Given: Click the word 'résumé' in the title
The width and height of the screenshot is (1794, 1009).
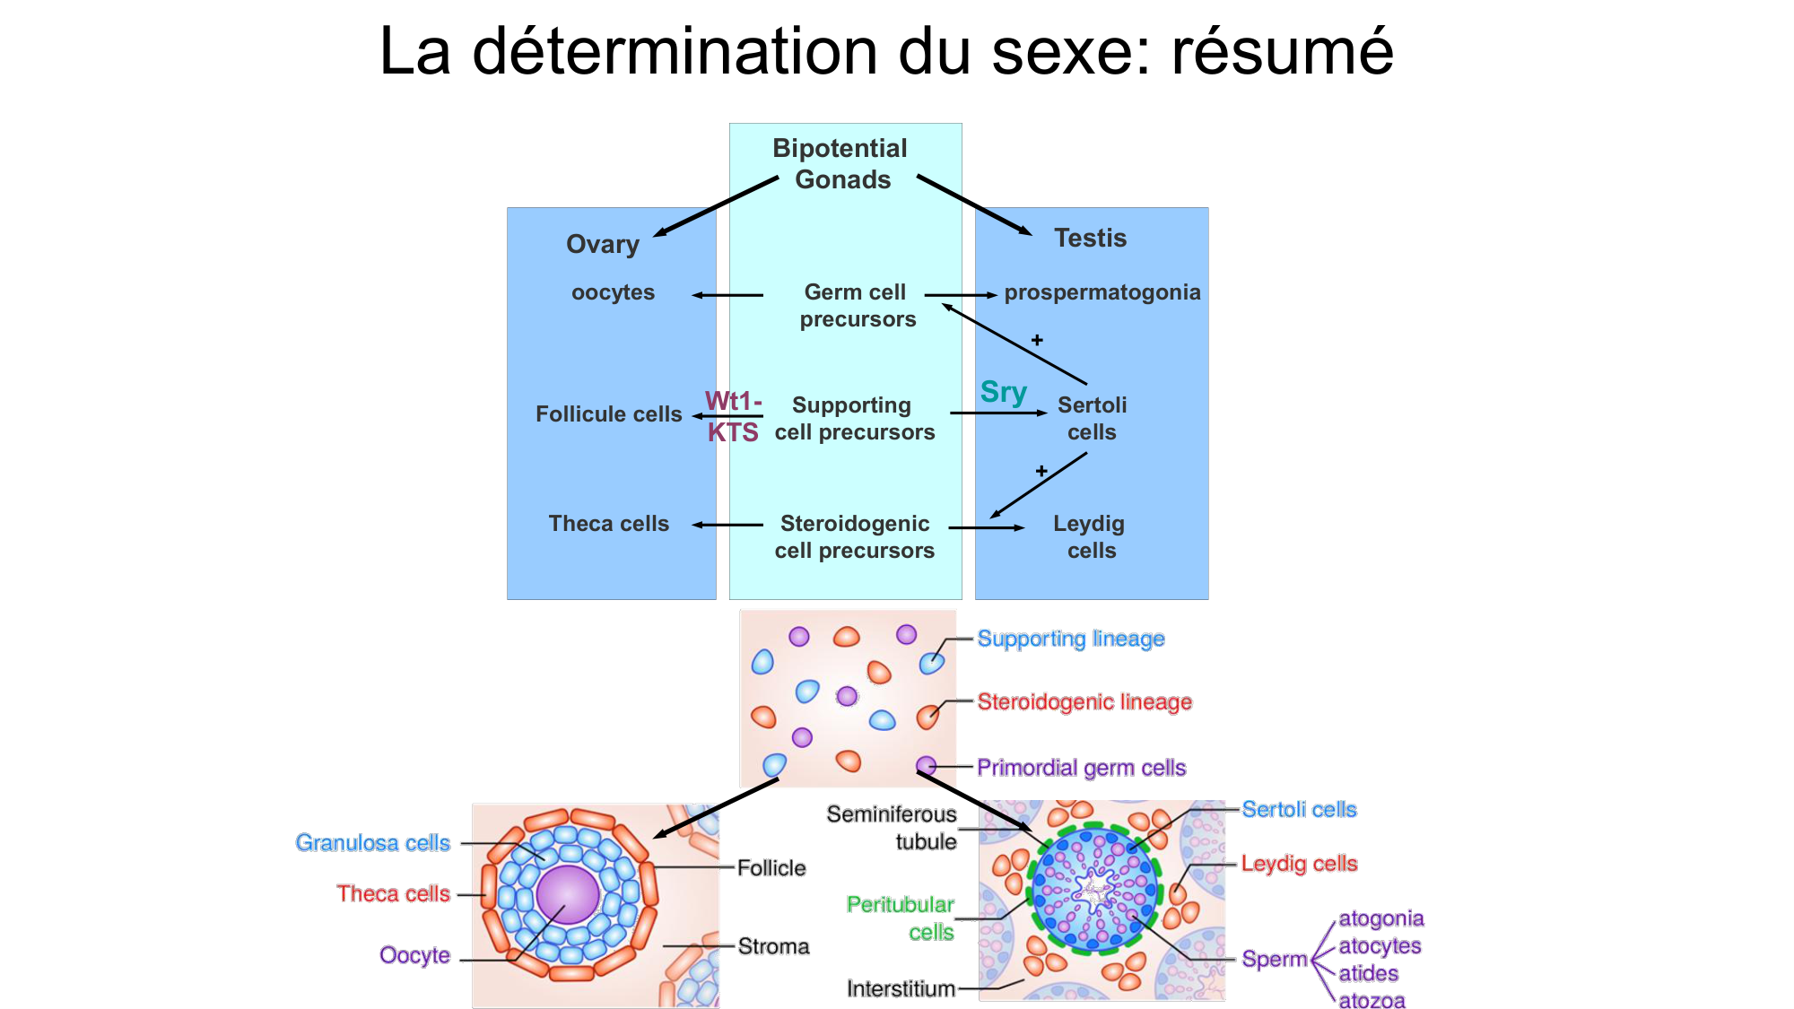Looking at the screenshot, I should [x=1282, y=51].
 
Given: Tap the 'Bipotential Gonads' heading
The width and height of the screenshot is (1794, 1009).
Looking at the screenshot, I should [x=840, y=163].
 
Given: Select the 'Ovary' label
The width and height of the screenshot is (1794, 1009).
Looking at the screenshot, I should [x=603, y=244].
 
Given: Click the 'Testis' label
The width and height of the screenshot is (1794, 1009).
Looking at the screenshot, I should [x=1090, y=238].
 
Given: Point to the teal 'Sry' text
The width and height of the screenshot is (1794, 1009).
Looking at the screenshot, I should [x=1003, y=392].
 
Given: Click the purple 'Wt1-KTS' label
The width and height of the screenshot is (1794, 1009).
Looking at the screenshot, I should [x=733, y=417].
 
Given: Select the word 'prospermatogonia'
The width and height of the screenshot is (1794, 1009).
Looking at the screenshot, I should [x=1102, y=292].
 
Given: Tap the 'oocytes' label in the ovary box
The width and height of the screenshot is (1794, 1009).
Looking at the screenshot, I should [x=613, y=292].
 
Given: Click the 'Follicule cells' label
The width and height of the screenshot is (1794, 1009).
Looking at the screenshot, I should [x=608, y=414].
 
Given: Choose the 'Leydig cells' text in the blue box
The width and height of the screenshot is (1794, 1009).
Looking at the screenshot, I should [x=1090, y=536].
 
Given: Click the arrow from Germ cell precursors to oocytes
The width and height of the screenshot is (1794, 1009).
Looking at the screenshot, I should [x=727, y=295].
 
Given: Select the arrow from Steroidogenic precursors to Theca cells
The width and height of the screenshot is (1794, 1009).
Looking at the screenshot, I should [x=727, y=525].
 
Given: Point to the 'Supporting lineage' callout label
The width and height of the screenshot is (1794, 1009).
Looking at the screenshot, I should [x=1070, y=639].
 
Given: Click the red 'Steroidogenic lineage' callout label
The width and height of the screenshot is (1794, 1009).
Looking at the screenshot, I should [x=1084, y=701].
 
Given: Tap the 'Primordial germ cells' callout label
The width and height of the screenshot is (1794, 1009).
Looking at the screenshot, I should [x=1081, y=768].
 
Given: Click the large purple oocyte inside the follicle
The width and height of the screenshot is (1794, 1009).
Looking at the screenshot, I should [x=567, y=894].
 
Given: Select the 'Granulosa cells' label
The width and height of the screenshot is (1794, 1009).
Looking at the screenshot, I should [x=373, y=843].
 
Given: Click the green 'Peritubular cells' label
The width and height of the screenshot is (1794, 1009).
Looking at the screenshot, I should [x=901, y=918].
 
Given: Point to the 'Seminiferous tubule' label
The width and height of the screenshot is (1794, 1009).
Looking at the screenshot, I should [x=893, y=828].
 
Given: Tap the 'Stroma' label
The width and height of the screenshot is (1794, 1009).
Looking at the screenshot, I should [x=773, y=946].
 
